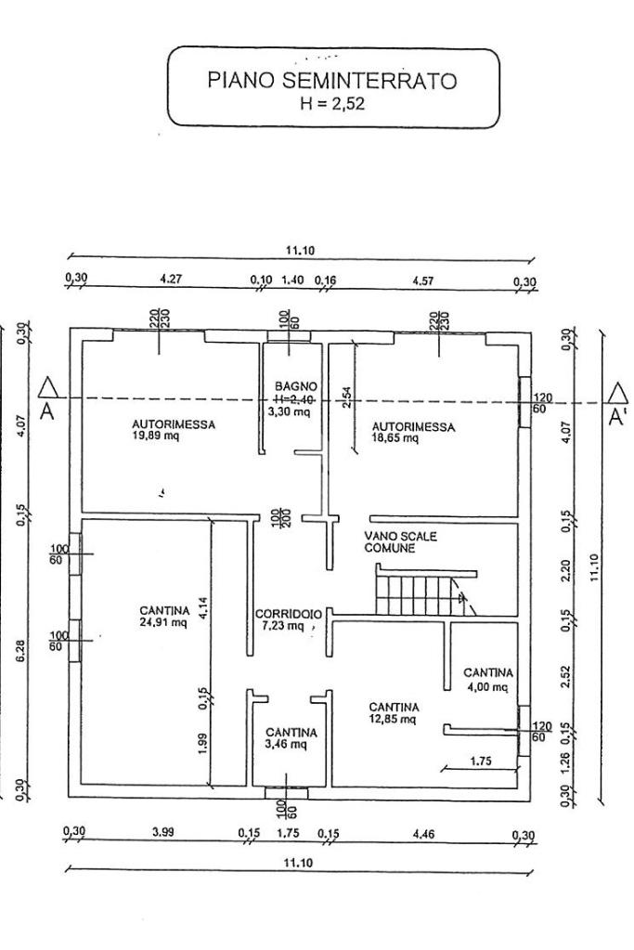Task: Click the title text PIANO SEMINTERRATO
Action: coord(332,82)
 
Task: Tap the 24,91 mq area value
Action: coord(164,622)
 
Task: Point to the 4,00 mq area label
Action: coord(487,687)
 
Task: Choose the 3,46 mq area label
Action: coord(291,745)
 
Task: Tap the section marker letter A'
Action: coord(617,418)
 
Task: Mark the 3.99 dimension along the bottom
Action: coord(163,832)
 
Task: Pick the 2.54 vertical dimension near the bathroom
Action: coord(344,397)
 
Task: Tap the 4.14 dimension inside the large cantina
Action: coord(204,609)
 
